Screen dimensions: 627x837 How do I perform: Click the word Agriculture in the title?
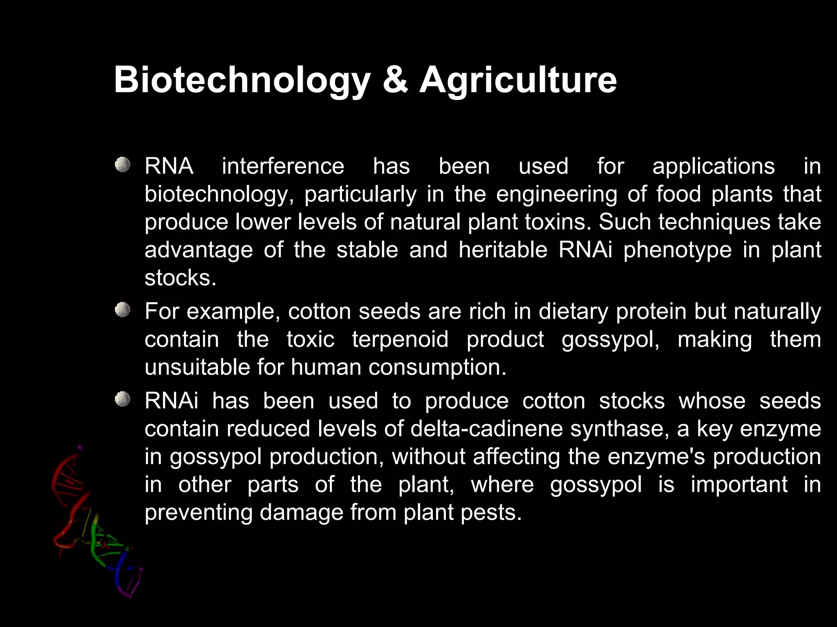click(x=518, y=80)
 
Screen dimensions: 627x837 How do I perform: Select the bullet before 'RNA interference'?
click(x=122, y=165)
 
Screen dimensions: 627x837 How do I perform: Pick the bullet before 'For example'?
click(x=122, y=310)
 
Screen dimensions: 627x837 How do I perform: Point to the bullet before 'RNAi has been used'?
click(x=122, y=399)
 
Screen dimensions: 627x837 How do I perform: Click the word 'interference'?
click(x=283, y=167)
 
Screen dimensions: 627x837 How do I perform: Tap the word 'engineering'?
click(x=556, y=194)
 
